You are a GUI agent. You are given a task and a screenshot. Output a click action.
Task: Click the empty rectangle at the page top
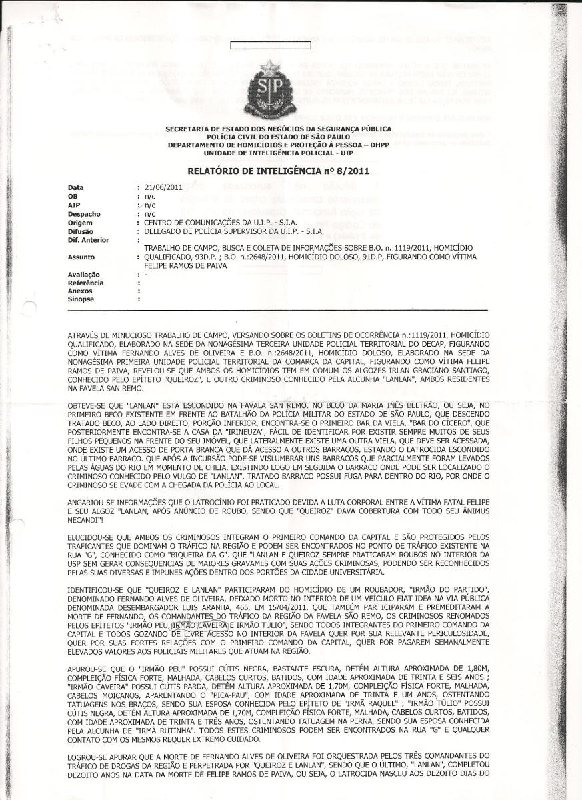pyautogui.click(x=251, y=46)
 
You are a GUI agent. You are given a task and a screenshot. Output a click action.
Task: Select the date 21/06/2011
pyautogui.click(x=159, y=188)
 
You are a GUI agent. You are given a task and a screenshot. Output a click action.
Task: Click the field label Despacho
pyautogui.click(x=84, y=214)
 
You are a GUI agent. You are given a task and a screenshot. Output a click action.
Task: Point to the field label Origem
pyautogui.click(x=82, y=223)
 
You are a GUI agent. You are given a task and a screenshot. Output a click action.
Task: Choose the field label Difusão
pyautogui.click(x=83, y=231)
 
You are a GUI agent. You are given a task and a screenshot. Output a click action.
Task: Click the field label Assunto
pyautogui.click(x=81, y=257)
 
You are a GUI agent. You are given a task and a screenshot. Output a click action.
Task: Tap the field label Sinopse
pyautogui.click(x=81, y=299)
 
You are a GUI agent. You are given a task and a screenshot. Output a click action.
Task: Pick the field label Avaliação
pyautogui.click(x=84, y=274)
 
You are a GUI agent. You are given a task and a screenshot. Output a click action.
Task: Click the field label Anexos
pyautogui.click(x=81, y=291)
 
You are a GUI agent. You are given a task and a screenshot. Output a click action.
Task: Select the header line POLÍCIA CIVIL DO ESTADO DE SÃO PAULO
pyautogui.click(x=279, y=136)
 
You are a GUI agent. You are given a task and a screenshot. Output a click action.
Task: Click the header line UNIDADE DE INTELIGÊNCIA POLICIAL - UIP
pyautogui.click(x=279, y=152)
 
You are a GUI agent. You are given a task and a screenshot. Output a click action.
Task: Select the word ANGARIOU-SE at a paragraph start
pyautogui.click(x=90, y=501)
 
